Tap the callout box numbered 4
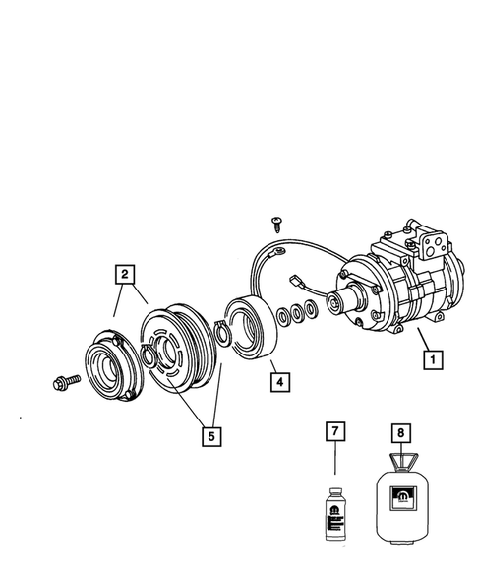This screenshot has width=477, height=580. [x=280, y=380]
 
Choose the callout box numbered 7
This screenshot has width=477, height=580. [x=334, y=431]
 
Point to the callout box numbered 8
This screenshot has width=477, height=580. [x=400, y=431]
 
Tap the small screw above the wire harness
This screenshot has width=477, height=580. [x=276, y=226]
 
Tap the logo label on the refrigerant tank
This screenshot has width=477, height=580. [x=401, y=502]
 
